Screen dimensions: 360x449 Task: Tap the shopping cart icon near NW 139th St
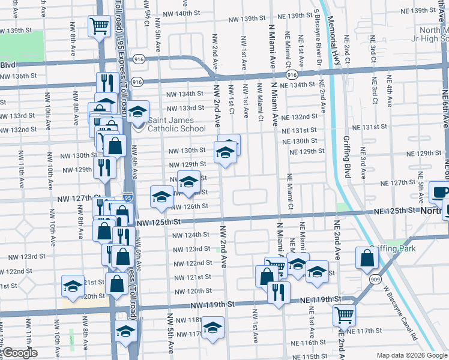[99, 26]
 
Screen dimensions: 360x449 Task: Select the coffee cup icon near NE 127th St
[441, 193]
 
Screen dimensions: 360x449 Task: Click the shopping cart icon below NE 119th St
[344, 314]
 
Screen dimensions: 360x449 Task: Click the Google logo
[20, 353]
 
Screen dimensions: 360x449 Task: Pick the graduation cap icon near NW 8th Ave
[73, 286]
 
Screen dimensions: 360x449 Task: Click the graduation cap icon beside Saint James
[137, 112]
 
